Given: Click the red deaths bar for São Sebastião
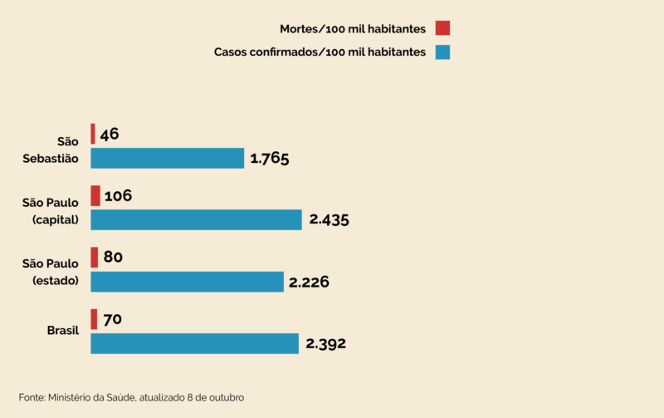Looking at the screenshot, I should click(93, 134).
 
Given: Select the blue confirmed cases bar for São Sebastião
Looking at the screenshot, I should click(167, 158).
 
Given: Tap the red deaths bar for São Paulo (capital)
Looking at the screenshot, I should click(95, 195).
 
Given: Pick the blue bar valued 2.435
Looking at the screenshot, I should click(196, 219).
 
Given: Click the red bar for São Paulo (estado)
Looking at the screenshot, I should click(95, 257).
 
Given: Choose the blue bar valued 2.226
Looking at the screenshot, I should click(187, 282).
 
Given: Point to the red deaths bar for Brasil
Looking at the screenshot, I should click(94, 319).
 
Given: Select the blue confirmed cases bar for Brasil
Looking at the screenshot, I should click(194, 343).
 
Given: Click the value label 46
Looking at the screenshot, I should click(110, 134).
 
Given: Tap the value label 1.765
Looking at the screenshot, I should click(269, 158).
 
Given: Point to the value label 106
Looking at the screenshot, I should click(119, 196).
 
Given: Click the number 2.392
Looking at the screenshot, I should click(325, 343).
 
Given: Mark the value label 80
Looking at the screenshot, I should click(114, 258).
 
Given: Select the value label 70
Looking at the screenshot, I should click(112, 319).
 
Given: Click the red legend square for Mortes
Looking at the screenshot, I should click(442, 28).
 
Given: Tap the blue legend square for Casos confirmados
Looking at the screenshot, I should click(442, 52).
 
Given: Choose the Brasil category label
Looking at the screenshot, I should click(62, 331).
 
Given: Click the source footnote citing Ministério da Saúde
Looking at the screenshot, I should click(131, 397).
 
